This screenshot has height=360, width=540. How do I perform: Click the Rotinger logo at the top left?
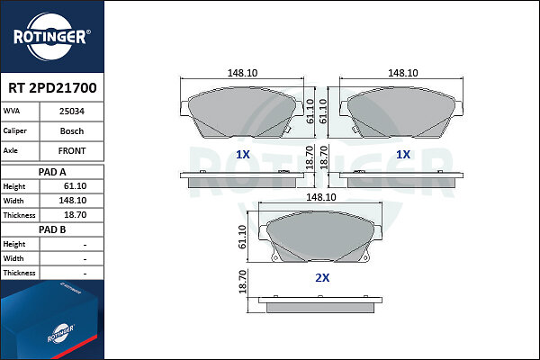click(x=52, y=37)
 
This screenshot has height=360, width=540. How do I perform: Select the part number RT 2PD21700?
click(x=52, y=88)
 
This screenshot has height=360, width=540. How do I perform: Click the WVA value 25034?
click(x=72, y=112)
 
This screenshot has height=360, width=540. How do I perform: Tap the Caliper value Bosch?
click(x=72, y=131)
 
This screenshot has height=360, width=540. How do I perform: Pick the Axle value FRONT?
click(x=72, y=151)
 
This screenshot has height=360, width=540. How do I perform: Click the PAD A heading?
click(x=52, y=172)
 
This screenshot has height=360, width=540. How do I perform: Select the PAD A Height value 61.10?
click(x=75, y=186)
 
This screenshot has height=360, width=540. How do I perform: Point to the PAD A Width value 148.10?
click(x=73, y=201)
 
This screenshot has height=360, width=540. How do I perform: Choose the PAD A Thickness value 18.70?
click(x=75, y=215)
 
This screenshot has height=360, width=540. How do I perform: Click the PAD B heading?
click(x=52, y=229)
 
